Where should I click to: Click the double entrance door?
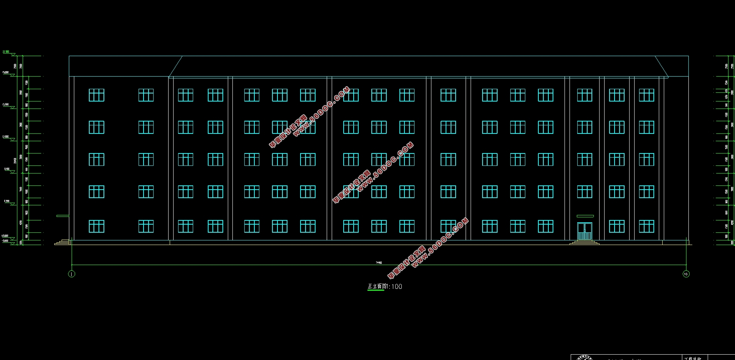coord(585,231)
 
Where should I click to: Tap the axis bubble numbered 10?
coord(686,274)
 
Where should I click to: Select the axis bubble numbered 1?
coord(72,274)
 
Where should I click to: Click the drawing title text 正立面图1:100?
coord(385,287)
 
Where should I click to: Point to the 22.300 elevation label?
coord(6,52)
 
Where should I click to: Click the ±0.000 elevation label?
coord(5,236)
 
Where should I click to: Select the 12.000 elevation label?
coord(6,137)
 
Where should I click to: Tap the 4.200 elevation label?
coord(7,201)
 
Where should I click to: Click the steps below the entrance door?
coord(584,243)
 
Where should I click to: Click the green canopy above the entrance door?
coord(585,216)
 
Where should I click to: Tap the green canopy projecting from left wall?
coord(63,216)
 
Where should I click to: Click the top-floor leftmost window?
coord(96,95)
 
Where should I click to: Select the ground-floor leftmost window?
coord(96,227)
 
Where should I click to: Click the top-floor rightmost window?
coord(646,95)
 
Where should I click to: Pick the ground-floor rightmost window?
coord(646,227)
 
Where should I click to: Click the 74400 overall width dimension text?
coord(379,263)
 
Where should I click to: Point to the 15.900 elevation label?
coord(6,104)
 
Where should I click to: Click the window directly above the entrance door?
coord(585,192)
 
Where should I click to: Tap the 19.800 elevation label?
coord(6,72)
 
